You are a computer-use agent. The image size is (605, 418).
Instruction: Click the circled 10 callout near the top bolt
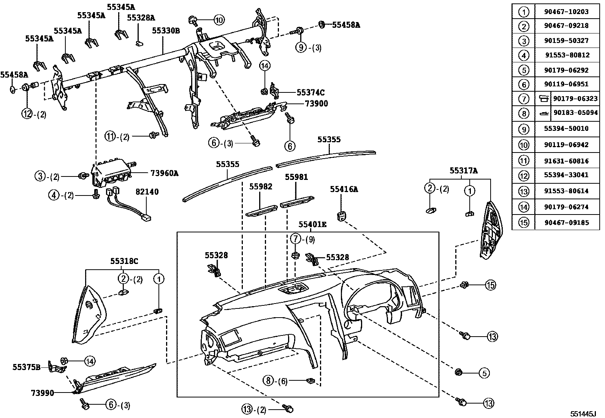[x=219, y=19]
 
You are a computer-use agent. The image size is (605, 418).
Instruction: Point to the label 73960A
[x=164, y=173]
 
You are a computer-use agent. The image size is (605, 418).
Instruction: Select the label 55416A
[x=344, y=189]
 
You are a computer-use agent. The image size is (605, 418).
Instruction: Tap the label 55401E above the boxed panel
[x=312, y=225]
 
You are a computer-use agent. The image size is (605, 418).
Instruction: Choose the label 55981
[x=296, y=177]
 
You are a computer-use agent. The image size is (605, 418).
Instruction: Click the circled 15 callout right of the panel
[x=490, y=284]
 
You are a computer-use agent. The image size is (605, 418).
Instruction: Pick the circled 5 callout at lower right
[x=484, y=373]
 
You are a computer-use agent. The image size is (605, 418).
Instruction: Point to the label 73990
[x=43, y=392]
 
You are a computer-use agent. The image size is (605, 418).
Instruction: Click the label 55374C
[x=310, y=92]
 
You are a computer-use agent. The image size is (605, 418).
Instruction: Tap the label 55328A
[x=141, y=18]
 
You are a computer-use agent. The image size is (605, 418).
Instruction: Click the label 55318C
[x=124, y=261]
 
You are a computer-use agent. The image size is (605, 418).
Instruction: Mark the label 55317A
[x=464, y=171]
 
